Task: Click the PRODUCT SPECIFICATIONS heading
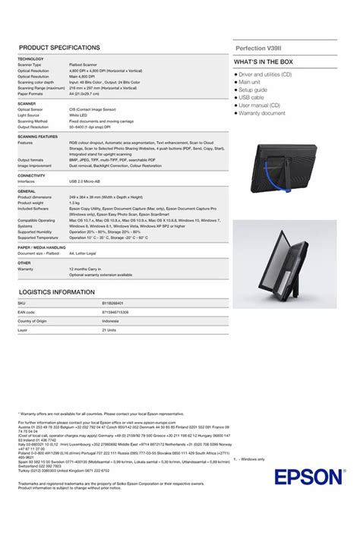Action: click(59, 48)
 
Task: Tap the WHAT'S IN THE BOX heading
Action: click(264, 61)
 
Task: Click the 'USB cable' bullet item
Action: click(251, 98)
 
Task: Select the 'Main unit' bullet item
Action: click(253, 83)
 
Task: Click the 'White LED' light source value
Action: click(78, 115)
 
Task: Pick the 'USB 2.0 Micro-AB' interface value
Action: click(86, 181)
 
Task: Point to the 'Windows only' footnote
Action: click(251, 459)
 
